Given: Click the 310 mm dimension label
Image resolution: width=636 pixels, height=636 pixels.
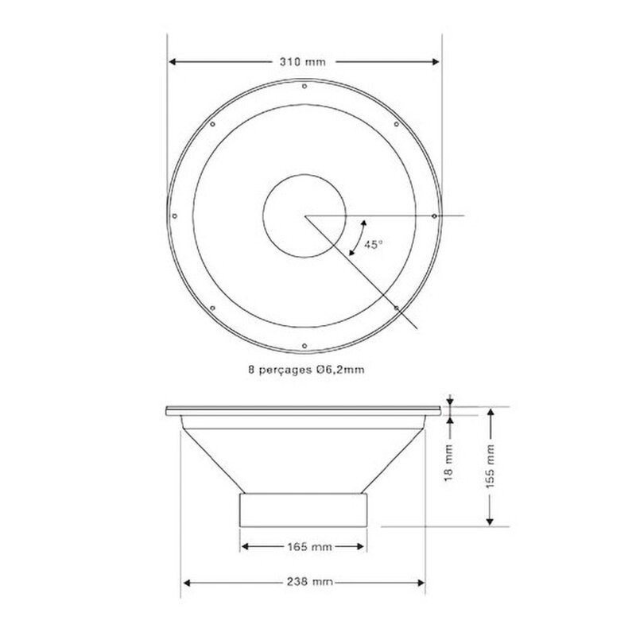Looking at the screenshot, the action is pyautogui.click(x=303, y=62).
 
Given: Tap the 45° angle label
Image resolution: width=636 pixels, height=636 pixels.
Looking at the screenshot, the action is pyautogui.click(x=373, y=245).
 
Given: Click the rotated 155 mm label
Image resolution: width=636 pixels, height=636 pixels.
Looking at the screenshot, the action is pyautogui.click(x=491, y=467).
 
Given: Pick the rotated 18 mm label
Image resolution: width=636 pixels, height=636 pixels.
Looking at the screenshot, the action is pyautogui.click(x=448, y=463).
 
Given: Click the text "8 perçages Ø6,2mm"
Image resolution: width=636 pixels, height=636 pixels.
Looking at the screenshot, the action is pyautogui.click(x=306, y=370).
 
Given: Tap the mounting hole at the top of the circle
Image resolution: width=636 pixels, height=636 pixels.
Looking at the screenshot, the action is pyautogui.click(x=304, y=86).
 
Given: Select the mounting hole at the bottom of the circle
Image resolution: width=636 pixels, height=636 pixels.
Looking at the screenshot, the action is pyautogui.click(x=304, y=346).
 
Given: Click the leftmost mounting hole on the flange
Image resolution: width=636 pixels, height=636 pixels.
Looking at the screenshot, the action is pyautogui.click(x=174, y=216).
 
